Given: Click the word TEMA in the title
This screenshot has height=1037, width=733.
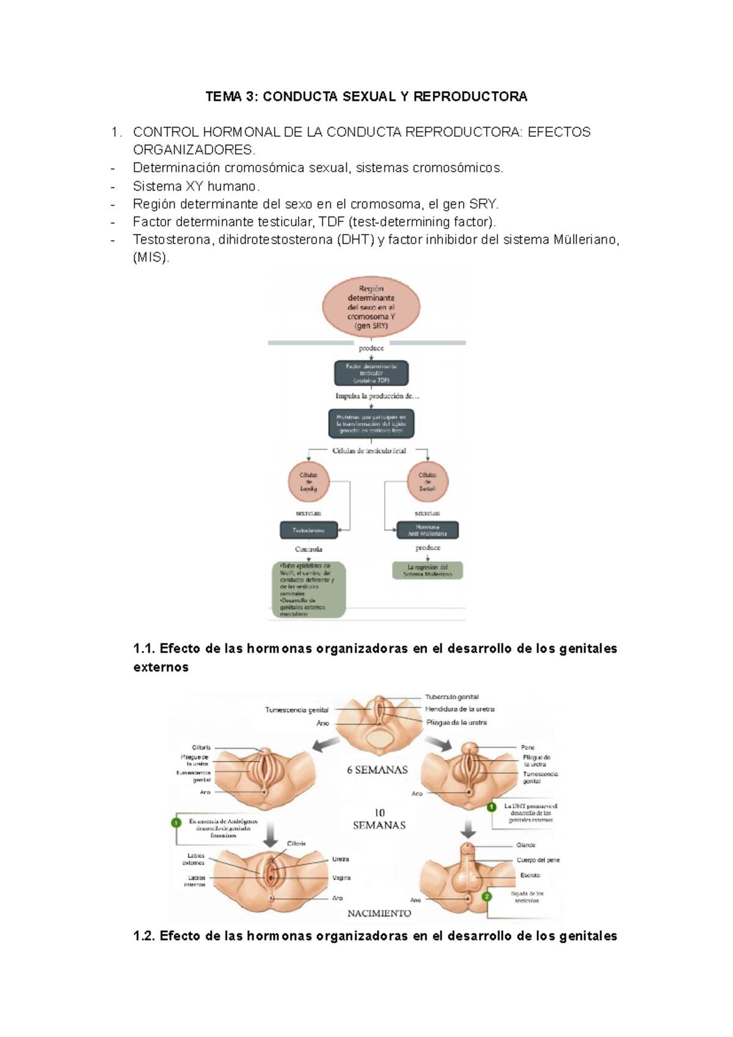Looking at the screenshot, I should [224, 96].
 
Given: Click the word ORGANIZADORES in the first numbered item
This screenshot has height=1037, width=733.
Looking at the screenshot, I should [193, 150].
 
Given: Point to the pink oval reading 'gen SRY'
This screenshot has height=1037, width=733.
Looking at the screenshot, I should [371, 307].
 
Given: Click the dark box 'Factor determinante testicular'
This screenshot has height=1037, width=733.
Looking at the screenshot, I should [371, 373].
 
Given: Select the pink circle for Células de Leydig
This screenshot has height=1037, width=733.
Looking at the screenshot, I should [308, 482].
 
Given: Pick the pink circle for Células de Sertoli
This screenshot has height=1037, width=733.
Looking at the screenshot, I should [428, 482].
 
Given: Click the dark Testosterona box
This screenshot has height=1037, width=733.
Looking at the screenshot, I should [308, 530].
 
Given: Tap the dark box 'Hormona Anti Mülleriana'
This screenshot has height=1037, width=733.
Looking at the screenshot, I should [428, 530].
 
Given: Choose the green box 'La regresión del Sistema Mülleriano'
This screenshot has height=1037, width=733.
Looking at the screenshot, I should [428, 571].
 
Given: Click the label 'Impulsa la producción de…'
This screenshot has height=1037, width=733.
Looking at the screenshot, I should [377, 396].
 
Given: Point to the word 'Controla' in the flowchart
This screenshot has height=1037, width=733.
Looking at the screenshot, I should [308, 549].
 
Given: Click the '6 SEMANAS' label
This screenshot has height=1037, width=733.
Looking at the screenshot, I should [377, 770].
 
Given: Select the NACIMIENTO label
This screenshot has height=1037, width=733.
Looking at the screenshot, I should [379, 914].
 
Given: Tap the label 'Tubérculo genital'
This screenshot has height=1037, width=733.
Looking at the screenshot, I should [452, 697].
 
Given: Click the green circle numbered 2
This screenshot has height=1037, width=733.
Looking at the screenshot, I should [487, 897].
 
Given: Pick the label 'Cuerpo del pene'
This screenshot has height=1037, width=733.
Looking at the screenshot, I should [538, 860].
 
